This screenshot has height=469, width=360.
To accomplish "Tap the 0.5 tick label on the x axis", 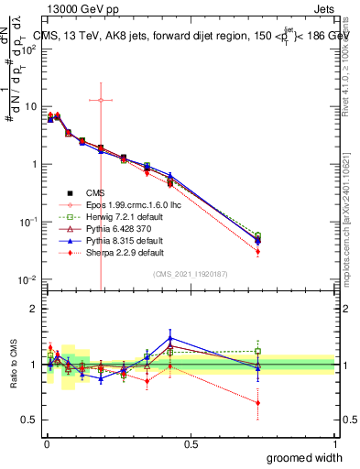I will [191, 443].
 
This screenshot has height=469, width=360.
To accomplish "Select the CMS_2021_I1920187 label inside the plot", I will [191, 273].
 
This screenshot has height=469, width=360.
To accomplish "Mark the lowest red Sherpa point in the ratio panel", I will [257, 402].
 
